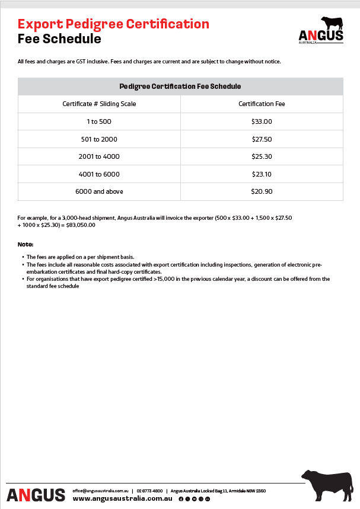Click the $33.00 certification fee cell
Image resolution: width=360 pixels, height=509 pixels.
(262, 121)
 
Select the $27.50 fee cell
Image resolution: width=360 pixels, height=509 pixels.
(262, 139)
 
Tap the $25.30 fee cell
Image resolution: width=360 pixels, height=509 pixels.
(262, 156)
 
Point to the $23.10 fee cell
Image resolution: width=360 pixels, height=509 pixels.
(262, 174)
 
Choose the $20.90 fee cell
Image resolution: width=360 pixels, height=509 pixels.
(262, 191)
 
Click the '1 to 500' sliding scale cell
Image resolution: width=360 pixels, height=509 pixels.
(99, 121)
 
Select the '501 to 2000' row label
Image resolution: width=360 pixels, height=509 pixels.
(99, 139)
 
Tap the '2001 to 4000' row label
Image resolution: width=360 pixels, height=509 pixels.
(99, 156)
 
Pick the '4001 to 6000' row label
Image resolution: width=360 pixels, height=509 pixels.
(99, 174)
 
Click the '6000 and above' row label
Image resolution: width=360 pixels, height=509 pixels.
(99, 191)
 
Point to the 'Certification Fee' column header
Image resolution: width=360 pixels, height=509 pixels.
(262, 104)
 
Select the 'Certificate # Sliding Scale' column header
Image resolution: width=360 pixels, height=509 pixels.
(99, 104)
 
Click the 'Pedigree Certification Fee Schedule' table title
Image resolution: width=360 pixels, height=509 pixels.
(180, 87)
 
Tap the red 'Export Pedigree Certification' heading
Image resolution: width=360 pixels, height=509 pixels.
(113, 24)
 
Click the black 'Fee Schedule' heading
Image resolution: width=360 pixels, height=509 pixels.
(59, 39)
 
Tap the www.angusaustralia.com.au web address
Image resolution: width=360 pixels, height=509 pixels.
(122, 499)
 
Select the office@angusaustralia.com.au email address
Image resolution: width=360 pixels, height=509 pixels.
(100, 491)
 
